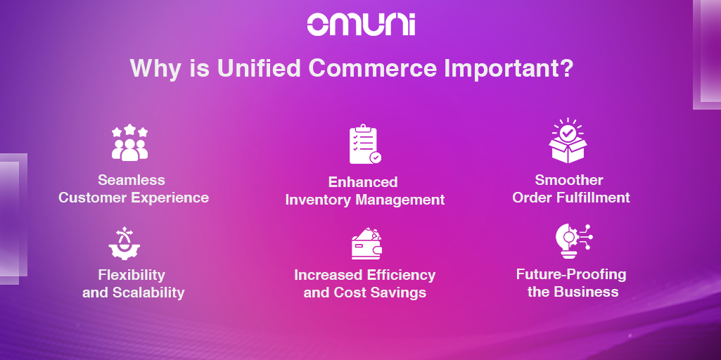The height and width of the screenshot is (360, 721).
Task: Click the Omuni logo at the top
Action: tap(361, 24)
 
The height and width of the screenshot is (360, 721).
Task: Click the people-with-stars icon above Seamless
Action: tap(129, 143)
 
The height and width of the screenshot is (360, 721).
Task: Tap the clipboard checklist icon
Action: tap(365, 144)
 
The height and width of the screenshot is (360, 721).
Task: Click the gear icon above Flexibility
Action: tap(124, 244)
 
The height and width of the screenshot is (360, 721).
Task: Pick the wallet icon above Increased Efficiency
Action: tap(366, 244)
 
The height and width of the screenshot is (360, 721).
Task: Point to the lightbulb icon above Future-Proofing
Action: tap(574, 241)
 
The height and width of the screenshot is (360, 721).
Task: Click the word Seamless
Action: tap(132, 180)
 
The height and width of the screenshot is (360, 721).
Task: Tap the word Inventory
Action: tap(317, 200)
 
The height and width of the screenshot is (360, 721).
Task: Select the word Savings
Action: tap(404, 293)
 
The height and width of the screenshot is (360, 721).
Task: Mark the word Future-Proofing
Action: tap(571, 275)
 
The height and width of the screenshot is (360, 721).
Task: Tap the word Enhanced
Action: tap(363, 182)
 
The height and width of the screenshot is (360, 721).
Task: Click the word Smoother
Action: tap(569, 180)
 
